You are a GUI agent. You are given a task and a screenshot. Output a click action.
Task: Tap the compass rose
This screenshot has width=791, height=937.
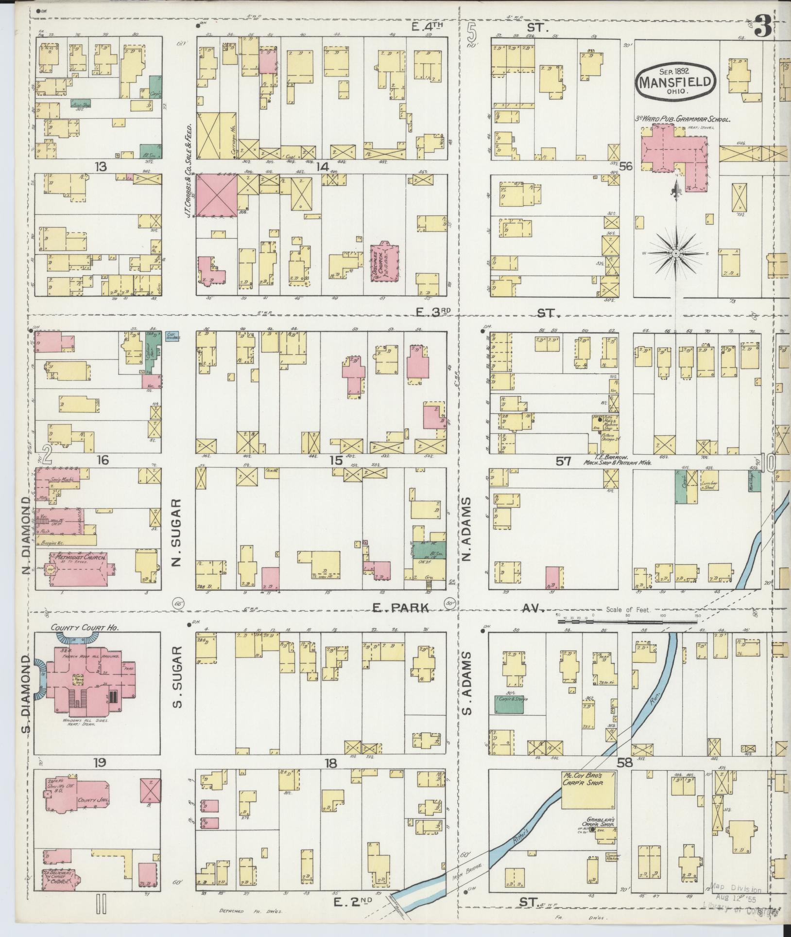tap(676, 254)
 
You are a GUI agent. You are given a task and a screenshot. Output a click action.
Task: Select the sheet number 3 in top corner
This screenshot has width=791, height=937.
tap(763, 28)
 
